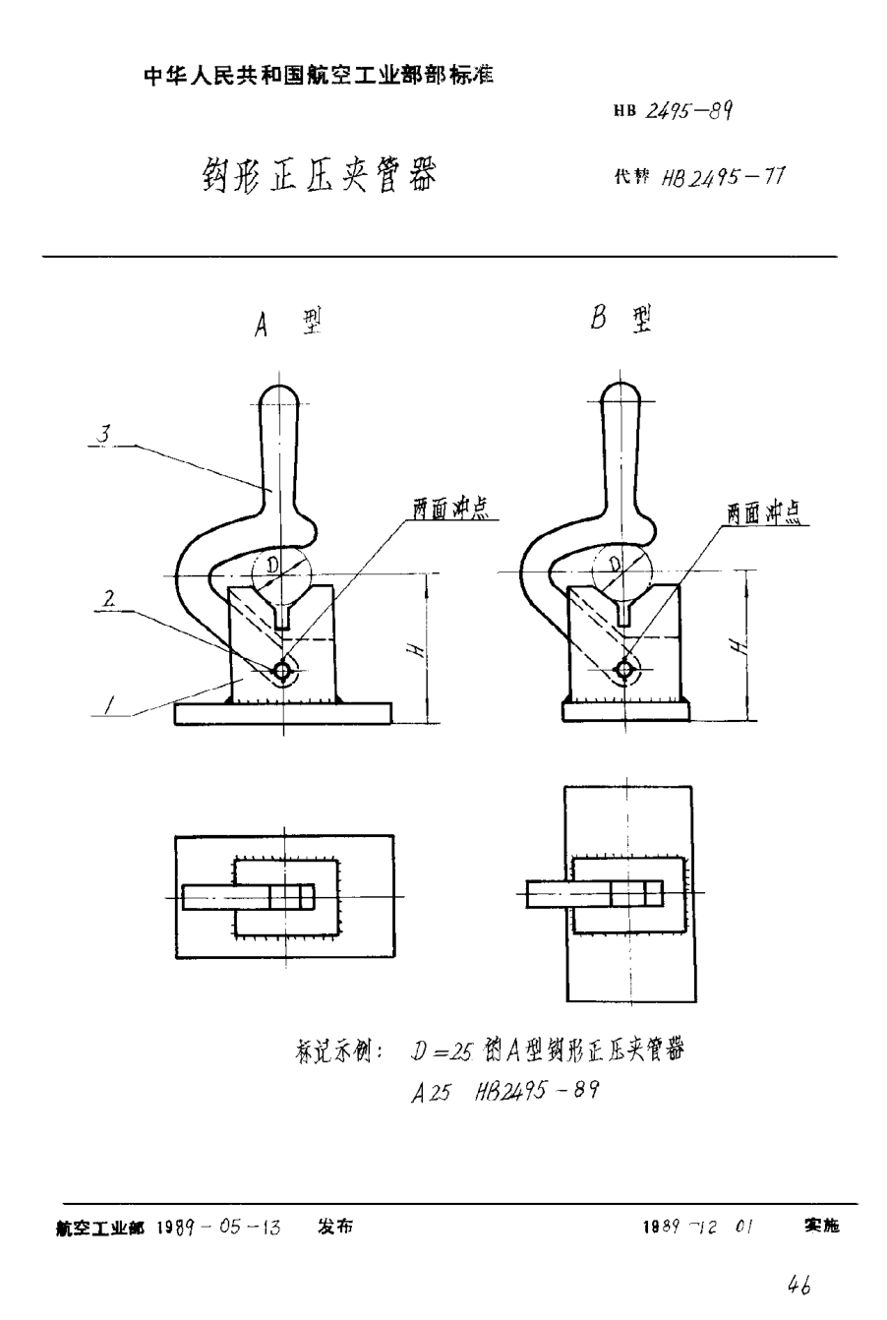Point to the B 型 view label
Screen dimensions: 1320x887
coord(621,321)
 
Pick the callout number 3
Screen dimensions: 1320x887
coord(115,434)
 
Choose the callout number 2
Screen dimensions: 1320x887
coord(112,598)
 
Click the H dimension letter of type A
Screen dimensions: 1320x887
coord(417,650)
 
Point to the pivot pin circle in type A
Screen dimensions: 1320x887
coord(283,671)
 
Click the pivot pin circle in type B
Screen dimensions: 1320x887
coord(622,670)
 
